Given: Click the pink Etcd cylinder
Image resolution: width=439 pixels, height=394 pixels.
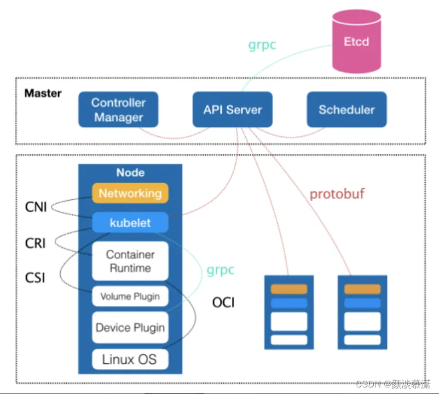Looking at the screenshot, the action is click(x=356, y=42).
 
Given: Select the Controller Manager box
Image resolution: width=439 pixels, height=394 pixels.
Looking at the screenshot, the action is click(x=118, y=109).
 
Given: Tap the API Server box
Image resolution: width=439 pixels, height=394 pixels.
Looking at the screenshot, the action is click(x=233, y=109).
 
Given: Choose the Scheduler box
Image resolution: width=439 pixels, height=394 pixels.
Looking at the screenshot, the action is click(x=346, y=109).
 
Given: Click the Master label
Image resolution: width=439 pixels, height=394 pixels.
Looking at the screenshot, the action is click(x=43, y=93).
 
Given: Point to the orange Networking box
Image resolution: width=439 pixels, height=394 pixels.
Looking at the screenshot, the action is click(x=130, y=193).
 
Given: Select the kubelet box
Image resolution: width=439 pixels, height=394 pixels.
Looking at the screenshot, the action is click(x=130, y=223).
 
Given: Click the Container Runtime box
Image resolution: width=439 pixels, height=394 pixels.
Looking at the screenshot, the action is click(x=130, y=261).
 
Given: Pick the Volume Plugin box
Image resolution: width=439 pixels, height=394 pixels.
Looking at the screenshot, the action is click(x=130, y=296).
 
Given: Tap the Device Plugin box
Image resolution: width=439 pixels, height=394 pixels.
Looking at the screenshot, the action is click(x=130, y=327).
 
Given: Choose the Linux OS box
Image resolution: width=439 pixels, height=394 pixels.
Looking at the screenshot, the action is click(x=130, y=360).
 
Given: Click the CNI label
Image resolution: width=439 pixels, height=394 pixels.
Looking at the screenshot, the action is click(x=36, y=207).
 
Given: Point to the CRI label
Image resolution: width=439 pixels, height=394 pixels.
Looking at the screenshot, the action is click(x=35, y=243).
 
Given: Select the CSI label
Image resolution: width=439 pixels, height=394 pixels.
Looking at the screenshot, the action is click(x=35, y=278).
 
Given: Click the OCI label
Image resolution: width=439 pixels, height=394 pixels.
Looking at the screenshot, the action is click(x=223, y=303).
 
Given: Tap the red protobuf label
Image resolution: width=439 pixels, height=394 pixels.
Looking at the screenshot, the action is click(x=337, y=194).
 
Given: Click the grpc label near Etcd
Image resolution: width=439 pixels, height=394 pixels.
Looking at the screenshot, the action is click(x=262, y=45).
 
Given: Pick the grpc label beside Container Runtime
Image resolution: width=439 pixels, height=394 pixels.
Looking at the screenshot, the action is click(x=221, y=270).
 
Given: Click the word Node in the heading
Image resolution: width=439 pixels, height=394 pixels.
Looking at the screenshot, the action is click(x=130, y=173).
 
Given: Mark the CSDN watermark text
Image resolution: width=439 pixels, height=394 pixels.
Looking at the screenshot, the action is click(x=393, y=384).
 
